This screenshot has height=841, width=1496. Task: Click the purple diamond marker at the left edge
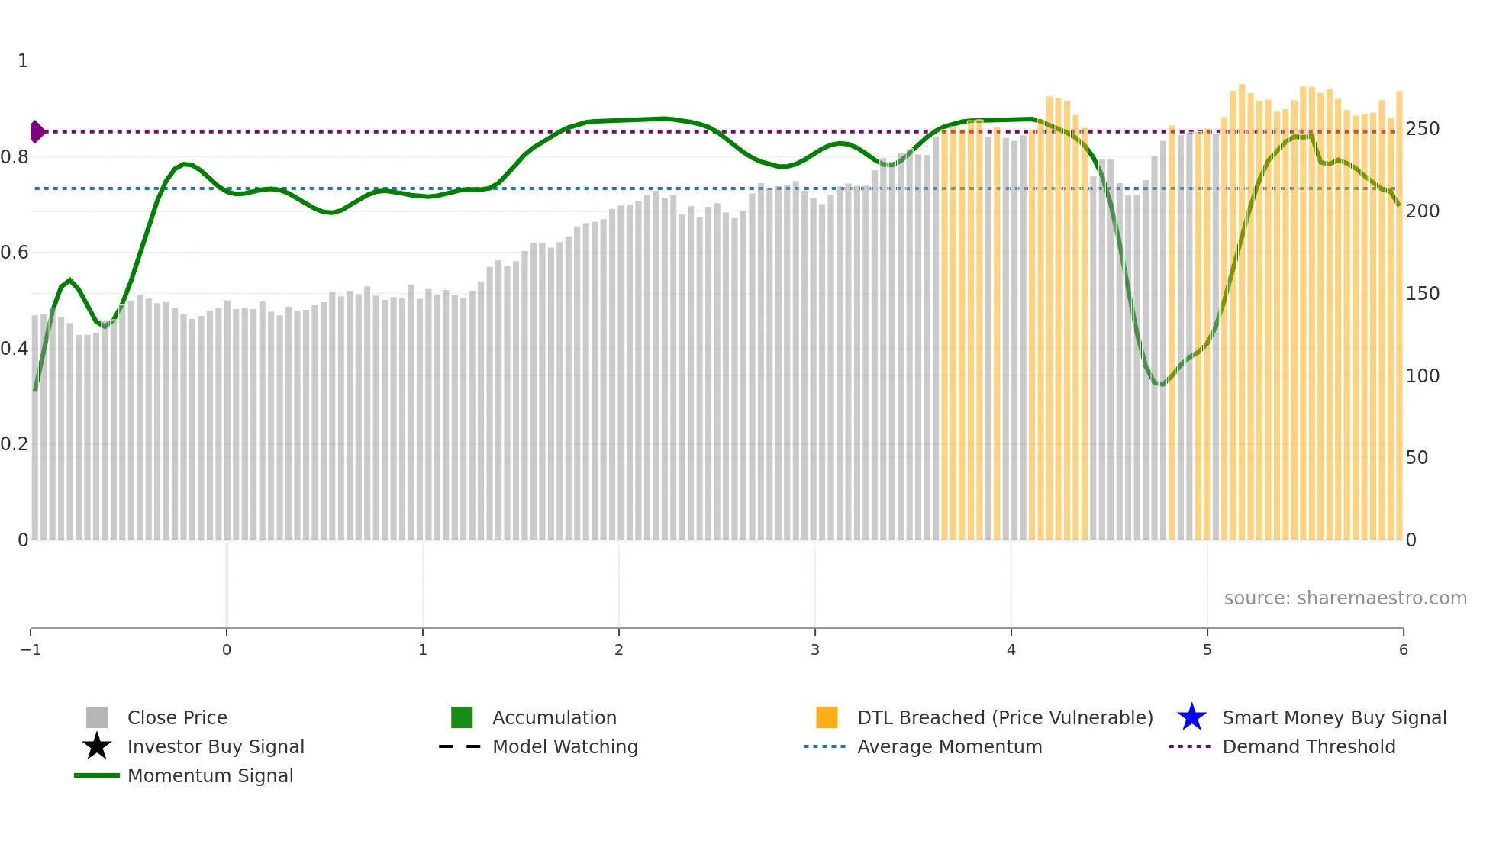37,132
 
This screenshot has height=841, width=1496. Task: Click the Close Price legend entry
177,717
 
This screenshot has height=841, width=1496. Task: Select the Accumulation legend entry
554,717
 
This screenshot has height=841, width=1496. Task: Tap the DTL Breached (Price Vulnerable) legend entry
1004,717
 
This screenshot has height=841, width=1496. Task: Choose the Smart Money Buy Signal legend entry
1334,717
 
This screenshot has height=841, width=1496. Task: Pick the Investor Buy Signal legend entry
215,746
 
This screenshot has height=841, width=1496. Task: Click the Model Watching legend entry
565,746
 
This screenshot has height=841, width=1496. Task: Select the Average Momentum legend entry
950,746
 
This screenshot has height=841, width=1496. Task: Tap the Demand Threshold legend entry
1308,746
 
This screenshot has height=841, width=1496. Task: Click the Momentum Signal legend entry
210,775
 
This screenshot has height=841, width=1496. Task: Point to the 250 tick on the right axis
1423,129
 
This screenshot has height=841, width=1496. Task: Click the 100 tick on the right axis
1423,376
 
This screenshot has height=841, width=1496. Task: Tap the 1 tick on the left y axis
23,61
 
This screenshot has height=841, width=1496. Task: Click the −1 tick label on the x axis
31,650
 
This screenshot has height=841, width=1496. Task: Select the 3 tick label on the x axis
815,650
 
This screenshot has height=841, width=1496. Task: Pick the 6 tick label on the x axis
1403,650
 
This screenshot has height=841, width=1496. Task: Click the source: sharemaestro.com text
1345,598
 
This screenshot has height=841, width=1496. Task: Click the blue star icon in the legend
1191,717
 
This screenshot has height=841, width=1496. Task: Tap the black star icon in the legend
97,746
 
